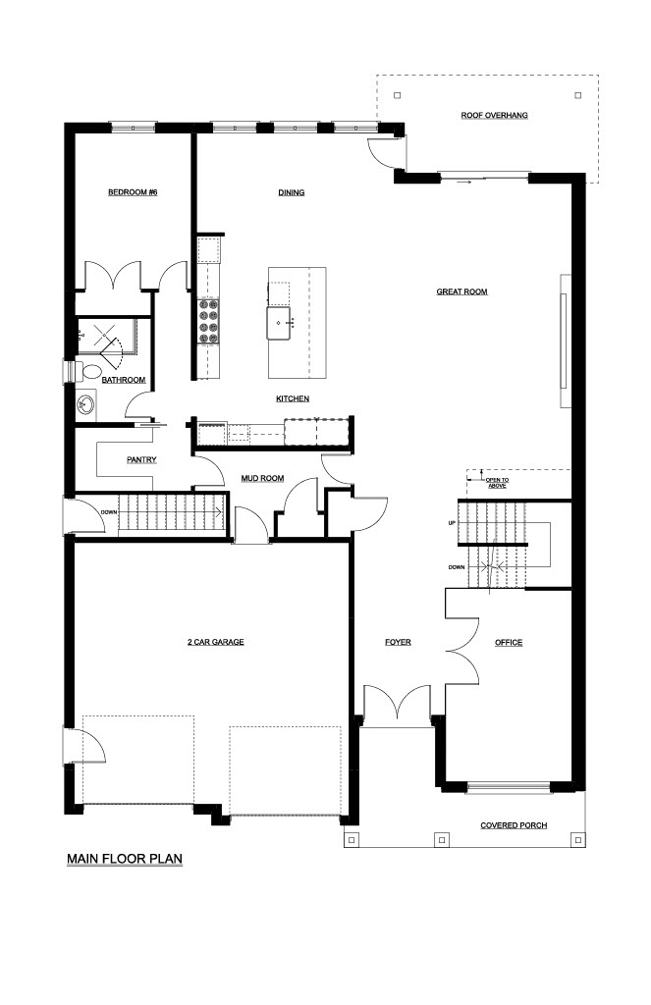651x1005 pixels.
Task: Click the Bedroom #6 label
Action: pos(133,192)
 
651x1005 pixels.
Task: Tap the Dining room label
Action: pos(292,192)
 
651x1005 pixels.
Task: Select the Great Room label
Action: pos(461,291)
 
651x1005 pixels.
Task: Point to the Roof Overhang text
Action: pos(495,116)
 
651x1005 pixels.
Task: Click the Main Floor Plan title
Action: pos(125,859)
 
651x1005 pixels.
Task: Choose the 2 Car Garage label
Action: pos(215,642)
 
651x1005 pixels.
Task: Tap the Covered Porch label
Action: pos(514,825)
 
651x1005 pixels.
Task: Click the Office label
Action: pos(509,642)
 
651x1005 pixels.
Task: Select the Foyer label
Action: pos(398,642)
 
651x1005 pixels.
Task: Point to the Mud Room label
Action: pos(262,478)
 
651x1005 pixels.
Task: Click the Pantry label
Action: pos(141,459)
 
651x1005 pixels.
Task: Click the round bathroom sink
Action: pos(86,405)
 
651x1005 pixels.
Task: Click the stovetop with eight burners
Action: pos(209,322)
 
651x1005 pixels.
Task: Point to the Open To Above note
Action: pos(497,483)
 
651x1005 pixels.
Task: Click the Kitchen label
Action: pos(293,398)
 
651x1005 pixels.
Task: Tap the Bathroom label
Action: pos(124,380)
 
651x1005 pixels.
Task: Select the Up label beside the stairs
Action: pos(452,524)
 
